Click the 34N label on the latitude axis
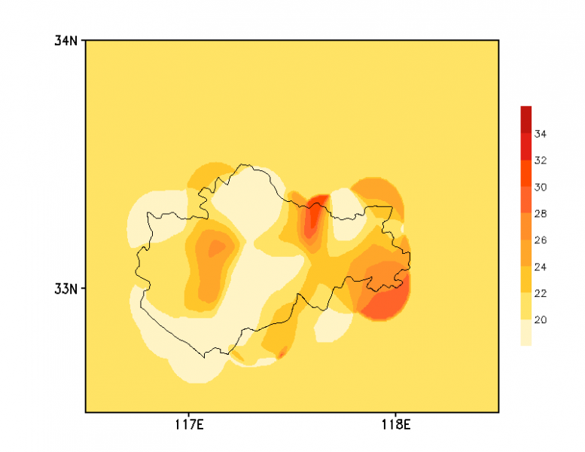click(66, 41)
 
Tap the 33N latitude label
click(66, 289)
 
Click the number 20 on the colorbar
click(541, 319)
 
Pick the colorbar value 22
click(541, 293)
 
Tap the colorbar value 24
click(541, 267)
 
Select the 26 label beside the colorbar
click(541, 240)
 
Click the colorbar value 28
click(541, 214)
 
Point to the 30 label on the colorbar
click(541, 187)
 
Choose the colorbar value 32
click(541, 160)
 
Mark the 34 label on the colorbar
click(541, 134)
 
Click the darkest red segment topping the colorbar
click(526, 112)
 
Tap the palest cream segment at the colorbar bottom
click(526, 338)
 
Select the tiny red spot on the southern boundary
click(282, 353)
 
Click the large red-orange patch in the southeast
click(388, 298)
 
